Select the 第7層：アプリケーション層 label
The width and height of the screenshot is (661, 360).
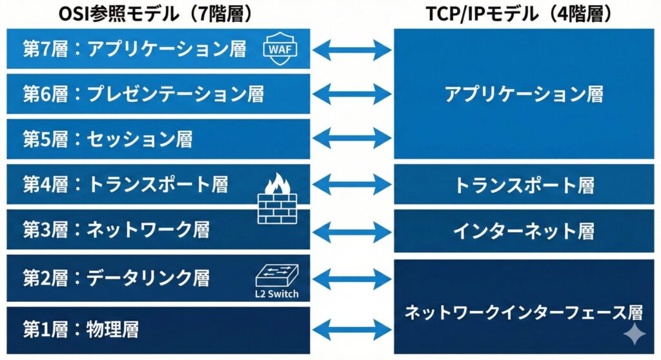tap(135, 50)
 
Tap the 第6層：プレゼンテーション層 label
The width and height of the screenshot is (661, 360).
tap(143, 94)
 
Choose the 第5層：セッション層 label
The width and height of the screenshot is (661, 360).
tap(108, 139)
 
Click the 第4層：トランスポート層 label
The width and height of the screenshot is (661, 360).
tap(126, 185)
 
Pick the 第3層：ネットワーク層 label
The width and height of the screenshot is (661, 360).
tap(117, 229)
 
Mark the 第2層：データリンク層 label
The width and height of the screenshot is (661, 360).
tap(117, 278)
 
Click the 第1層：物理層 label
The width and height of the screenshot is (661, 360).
tap(81, 330)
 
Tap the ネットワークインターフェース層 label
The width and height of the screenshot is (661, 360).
tap(524, 313)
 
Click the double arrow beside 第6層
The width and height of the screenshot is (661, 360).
tap(352, 94)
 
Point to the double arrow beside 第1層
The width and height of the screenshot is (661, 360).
tap(352, 330)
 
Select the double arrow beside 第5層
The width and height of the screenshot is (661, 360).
tap(352, 139)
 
